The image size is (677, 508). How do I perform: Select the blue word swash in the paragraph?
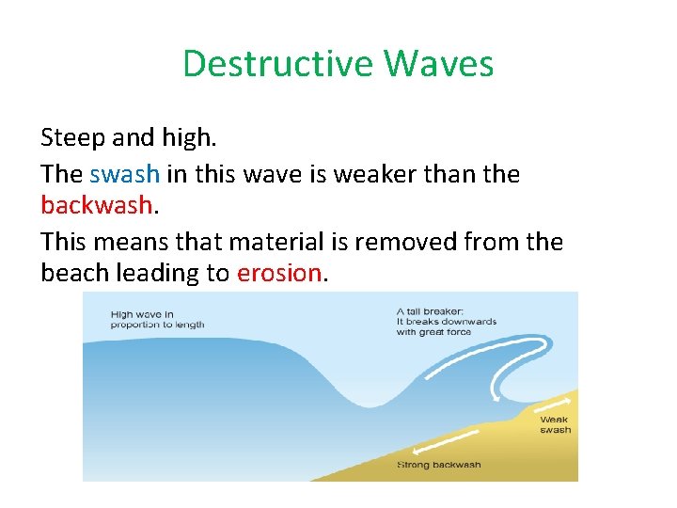pos(125,173)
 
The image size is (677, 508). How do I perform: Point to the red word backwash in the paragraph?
pos(96,204)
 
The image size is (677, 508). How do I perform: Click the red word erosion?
pos(279,273)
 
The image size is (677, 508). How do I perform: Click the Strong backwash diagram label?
pos(439,465)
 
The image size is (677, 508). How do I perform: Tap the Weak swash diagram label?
pos(555,424)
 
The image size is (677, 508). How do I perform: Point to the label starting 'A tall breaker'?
pos(447,321)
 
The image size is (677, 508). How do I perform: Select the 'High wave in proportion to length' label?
pos(157,320)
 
